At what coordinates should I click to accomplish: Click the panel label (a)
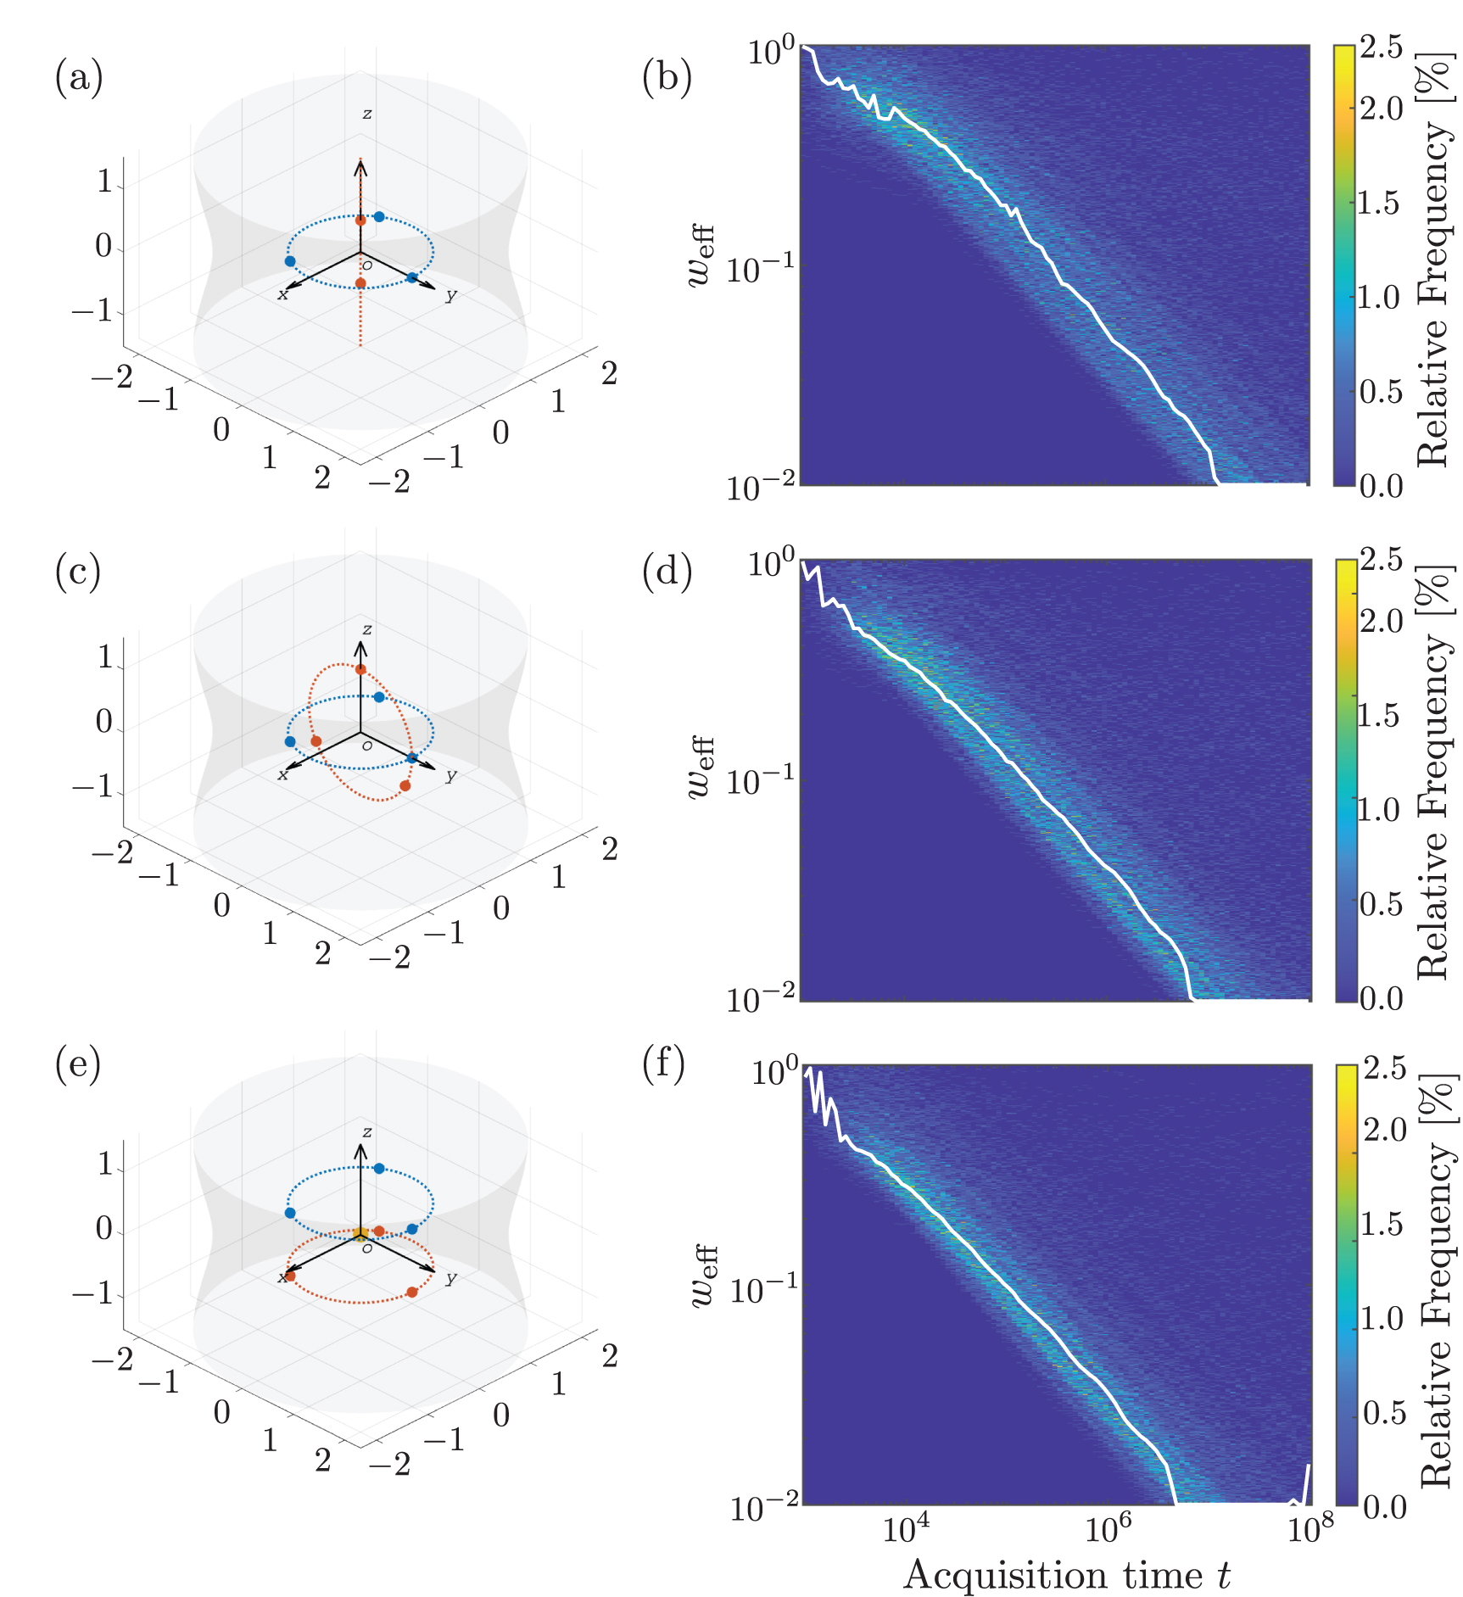point(79,77)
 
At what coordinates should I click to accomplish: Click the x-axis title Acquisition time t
point(1066,1574)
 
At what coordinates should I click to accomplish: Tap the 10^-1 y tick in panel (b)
point(761,269)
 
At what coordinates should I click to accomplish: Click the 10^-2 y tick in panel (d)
point(761,999)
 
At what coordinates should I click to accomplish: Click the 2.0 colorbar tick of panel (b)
point(1382,109)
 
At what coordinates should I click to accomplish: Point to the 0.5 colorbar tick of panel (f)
point(1385,1413)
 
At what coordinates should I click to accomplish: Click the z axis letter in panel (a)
point(366,114)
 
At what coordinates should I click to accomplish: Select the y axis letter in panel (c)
point(451,774)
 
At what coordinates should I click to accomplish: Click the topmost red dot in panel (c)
point(360,669)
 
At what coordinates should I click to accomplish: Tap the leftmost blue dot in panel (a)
point(290,261)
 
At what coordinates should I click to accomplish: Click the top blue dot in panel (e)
point(379,1169)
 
